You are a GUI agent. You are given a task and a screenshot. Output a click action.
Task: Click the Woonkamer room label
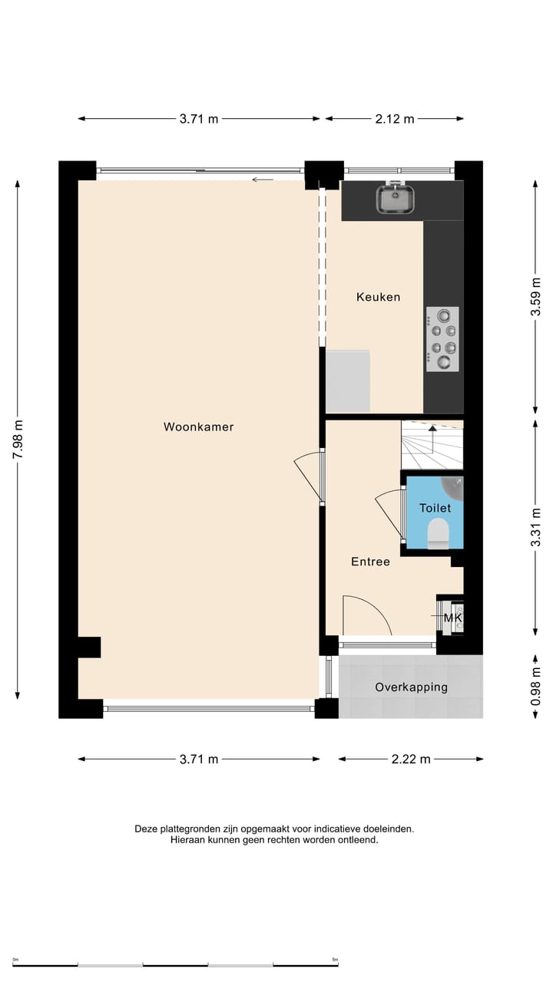(198, 427)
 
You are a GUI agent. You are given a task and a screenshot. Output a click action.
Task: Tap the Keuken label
(378, 297)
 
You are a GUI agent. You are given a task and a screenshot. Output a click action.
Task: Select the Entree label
(370, 562)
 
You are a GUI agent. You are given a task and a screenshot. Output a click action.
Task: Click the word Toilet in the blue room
(435, 508)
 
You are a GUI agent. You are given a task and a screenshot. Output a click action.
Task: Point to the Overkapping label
(411, 687)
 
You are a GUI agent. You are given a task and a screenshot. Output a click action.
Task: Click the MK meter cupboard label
(452, 618)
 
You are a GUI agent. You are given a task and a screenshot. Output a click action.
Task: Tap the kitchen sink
(396, 199)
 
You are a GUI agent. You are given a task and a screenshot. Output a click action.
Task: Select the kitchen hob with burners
(442, 339)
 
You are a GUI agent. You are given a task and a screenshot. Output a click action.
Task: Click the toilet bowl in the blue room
(438, 532)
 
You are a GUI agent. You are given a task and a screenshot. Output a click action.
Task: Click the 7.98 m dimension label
(18, 440)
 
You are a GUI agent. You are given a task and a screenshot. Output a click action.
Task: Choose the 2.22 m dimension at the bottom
(410, 759)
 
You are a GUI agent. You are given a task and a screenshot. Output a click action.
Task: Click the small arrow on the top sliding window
(263, 180)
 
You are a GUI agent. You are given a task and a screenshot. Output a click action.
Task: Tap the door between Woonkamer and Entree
(310, 476)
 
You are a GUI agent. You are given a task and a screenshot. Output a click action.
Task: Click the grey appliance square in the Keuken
(347, 381)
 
